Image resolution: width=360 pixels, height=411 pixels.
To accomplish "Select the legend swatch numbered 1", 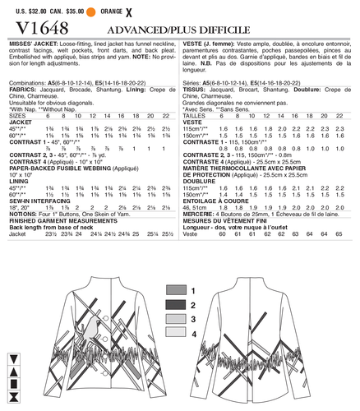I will tap(175, 292).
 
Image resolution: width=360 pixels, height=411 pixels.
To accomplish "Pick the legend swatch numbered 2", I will tap(175, 305).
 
